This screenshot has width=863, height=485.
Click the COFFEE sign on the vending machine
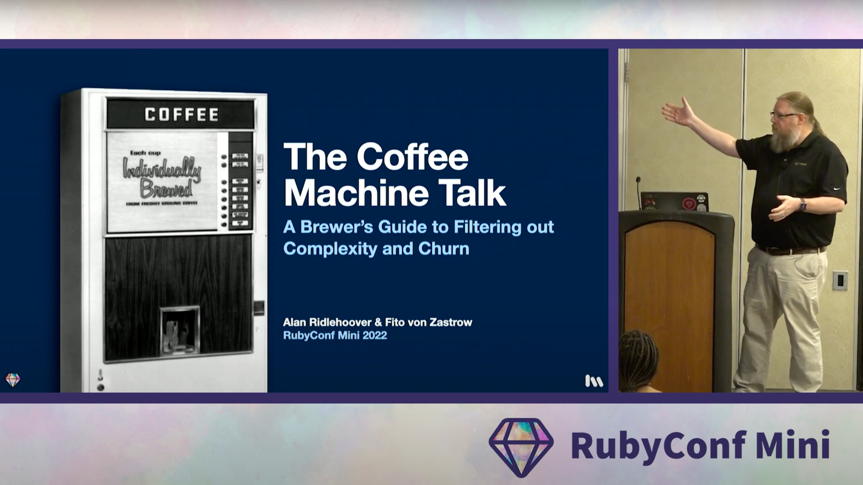point(181,115)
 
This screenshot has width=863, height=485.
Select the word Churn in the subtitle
point(443,248)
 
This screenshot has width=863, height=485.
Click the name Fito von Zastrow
point(428,322)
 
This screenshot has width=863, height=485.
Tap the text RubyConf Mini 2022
point(334,336)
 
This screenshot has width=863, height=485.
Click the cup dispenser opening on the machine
point(180,330)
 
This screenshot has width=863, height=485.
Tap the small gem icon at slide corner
point(13,380)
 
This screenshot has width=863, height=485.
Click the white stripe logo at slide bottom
point(594,381)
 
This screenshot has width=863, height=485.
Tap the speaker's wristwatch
point(803,204)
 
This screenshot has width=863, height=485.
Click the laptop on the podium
point(674,202)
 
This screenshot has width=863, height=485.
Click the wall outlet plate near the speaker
point(839,281)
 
